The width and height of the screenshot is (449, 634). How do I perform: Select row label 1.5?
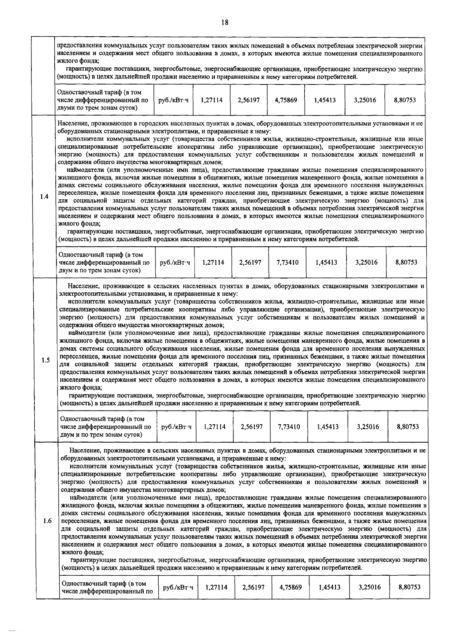click(x=46, y=360)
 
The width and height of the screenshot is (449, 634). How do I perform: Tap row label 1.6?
click(x=47, y=521)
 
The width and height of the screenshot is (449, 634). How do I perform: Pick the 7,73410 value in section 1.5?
click(x=289, y=427)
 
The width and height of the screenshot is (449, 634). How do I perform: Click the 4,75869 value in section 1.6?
click(x=291, y=587)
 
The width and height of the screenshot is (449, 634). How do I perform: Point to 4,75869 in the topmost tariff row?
click(x=285, y=100)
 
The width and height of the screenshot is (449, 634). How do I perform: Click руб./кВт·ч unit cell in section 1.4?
click(x=175, y=262)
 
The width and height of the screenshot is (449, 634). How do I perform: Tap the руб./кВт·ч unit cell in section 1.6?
click(x=178, y=587)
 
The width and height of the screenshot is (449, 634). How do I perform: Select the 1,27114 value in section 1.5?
click(x=214, y=427)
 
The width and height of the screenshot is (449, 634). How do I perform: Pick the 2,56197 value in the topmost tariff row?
click(x=248, y=100)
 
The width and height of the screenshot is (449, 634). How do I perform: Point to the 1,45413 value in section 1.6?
click(x=330, y=587)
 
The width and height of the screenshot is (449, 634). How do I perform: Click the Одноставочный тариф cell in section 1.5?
click(x=106, y=427)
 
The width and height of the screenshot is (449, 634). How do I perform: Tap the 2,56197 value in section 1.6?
click(x=253, y=587)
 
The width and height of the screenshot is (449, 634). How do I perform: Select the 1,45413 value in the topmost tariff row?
click(x=325, y=100)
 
